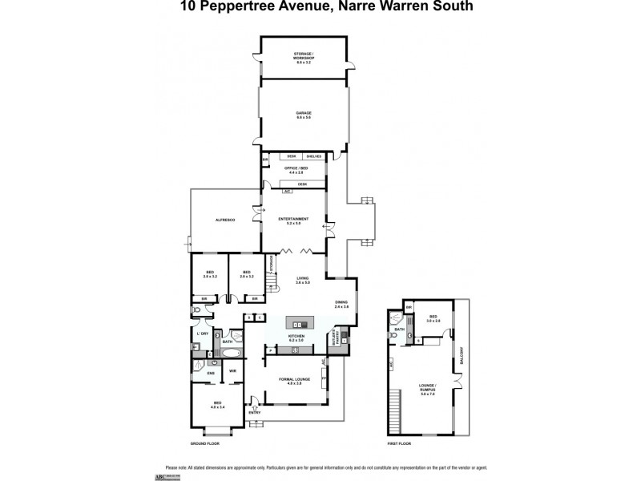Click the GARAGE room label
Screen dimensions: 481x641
click(302, 113)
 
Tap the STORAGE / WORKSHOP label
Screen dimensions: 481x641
click(302, 55)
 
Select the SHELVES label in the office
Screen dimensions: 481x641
click(312, 156)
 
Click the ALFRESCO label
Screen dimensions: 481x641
click(224, 220)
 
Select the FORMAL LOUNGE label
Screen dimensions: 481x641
click(295, 379)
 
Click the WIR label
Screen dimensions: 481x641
click(232, 371)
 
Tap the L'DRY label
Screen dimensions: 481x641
click(203, 333)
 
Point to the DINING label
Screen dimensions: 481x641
click(341, 304)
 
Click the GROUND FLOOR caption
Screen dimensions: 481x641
click(204, 443)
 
